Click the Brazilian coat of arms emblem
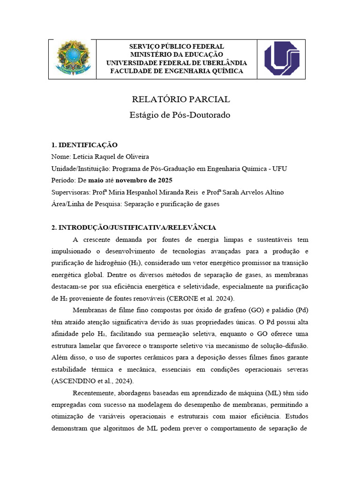pos(73,59)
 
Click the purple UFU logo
pos(281,59)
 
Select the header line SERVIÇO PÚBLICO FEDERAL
pos(177,46)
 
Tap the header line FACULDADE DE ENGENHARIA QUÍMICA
pos(177,71)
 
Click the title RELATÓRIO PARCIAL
pos(180,99)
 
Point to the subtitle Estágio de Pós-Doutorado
pos(180,115)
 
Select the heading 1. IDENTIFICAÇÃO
pos(84,145)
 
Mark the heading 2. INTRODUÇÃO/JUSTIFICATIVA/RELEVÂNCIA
pos(134,227)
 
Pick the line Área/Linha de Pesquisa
pos(135,204)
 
